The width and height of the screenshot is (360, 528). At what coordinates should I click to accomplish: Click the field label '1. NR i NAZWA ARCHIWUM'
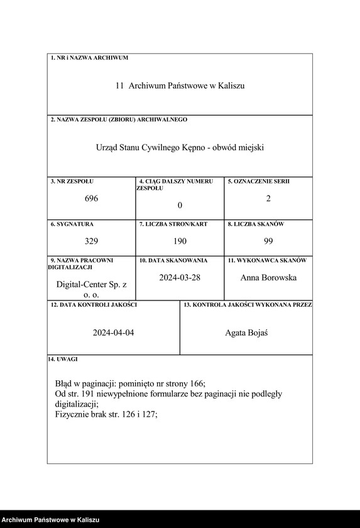pos(89,58)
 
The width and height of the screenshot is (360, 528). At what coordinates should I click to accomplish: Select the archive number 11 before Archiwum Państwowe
pos(119,85)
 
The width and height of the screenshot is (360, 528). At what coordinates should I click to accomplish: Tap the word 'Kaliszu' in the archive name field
pos(232,85)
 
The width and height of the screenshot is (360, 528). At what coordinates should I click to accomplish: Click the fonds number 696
pos(91,199)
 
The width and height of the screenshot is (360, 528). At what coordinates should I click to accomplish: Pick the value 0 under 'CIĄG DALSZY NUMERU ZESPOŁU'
pos(180,206)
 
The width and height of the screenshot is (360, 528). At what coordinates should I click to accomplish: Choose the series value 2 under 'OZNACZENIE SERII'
pos(268,199)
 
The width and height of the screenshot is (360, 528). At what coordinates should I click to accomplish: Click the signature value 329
pos(91,241)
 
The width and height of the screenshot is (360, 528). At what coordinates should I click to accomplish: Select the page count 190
pos(180,241)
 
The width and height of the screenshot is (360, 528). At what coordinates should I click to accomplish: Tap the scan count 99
pos(268,241)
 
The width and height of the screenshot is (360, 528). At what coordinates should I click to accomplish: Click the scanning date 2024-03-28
pos(180,277)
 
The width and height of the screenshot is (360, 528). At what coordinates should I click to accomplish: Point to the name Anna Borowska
pos(268,277)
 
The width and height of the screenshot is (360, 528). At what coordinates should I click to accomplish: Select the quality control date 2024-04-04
pos(113,333)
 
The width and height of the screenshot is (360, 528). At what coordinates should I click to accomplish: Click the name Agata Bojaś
pos(246,333)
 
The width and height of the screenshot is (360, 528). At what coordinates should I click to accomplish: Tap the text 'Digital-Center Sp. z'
pos(91,285)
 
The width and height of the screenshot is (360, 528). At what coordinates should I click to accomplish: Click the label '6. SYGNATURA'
pos(72,224)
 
